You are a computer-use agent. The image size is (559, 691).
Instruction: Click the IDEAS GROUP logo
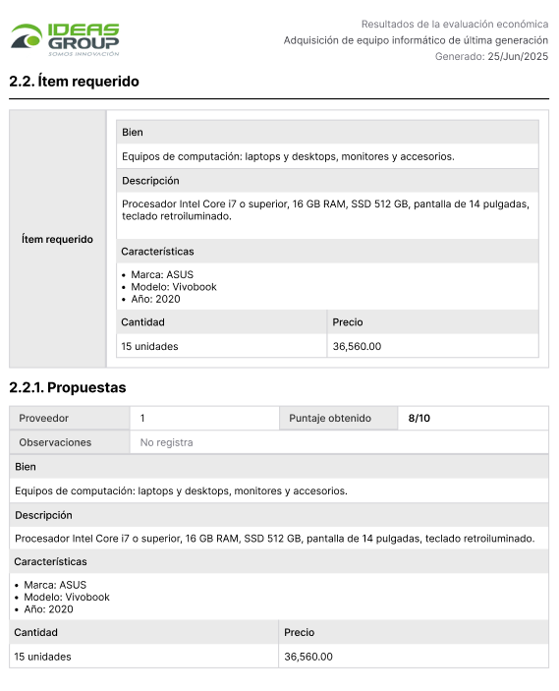[65, 39]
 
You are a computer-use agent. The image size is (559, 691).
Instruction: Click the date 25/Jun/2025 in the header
[518, 57]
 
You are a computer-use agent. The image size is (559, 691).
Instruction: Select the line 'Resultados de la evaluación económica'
[455, 24]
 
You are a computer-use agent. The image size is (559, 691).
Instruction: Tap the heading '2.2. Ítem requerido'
[74, 82]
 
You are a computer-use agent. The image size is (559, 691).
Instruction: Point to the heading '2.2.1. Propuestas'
[68, 388]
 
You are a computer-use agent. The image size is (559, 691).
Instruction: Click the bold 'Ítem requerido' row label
[57, 239]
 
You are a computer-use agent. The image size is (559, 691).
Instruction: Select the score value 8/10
[419, 419]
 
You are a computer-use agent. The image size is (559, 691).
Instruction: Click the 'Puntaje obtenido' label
[330, 419]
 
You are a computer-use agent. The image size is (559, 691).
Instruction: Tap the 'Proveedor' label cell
[44, 419]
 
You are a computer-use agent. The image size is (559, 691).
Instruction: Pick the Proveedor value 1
[142, 419]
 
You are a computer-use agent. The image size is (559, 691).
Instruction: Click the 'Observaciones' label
[55, 442]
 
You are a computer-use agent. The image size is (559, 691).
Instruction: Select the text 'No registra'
[166, 442]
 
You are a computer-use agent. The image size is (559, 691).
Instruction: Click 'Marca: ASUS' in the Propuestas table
[55, 585]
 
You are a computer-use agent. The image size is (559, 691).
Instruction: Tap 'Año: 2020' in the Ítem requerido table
[155, 299]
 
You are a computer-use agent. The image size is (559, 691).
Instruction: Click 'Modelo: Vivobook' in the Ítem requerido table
[173, 287]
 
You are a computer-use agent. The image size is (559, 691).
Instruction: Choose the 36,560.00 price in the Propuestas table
[308, 657]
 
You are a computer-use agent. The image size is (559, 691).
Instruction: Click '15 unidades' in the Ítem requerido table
[149, 346]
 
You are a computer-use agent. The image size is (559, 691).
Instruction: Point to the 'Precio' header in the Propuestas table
[300, 633]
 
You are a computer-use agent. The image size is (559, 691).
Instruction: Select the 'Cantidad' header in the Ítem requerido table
[142, 322]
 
